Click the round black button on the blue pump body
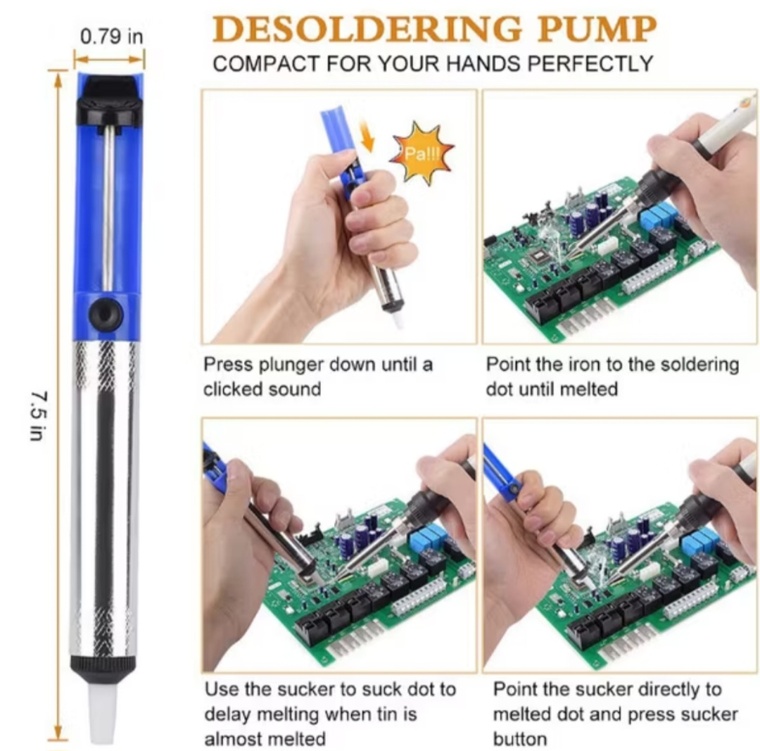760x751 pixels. (x=106, y=313)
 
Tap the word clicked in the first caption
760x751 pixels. (x=232, y=389)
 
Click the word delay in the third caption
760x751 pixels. (x=228, y=714)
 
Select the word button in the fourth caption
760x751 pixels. (x=520, y=738)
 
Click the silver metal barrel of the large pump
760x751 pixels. (x=106, y=493)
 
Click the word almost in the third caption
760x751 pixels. (x=236, y=738)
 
